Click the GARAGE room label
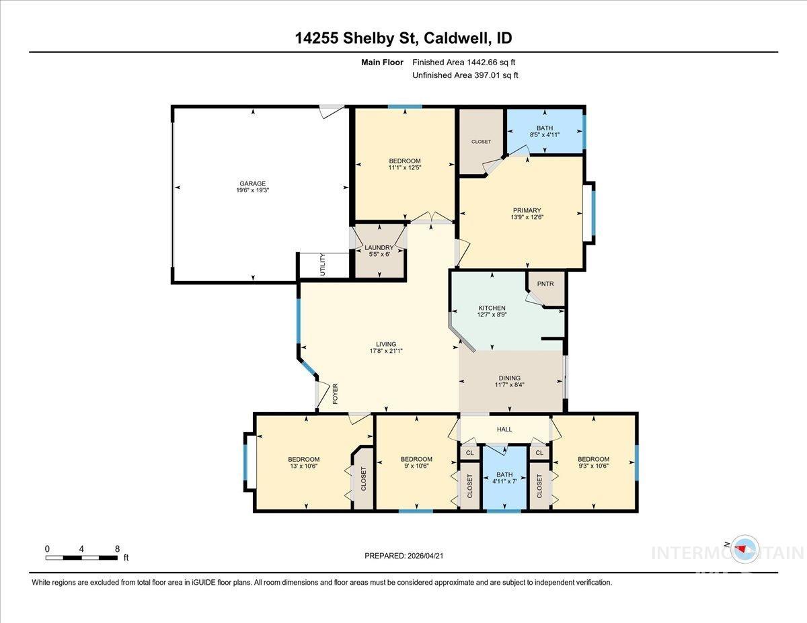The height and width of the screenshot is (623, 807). point(254,183)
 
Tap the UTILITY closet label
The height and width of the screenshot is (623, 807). point(323,264)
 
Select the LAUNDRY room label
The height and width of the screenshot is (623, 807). point(379,248)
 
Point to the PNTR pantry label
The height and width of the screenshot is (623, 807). point(545,284)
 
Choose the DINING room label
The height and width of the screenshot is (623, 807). point(509,378)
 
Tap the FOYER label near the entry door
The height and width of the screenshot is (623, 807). point(335,393)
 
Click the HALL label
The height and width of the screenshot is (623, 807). point(504,429)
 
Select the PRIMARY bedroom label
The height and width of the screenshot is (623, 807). point(527,210)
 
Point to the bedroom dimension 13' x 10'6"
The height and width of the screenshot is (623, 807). point(303,467)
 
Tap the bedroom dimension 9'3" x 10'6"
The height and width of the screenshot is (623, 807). point(593,467)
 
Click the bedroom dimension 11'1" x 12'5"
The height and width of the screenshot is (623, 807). point(404,168)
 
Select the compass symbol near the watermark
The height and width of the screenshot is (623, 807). point(743,548)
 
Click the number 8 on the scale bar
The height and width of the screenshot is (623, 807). point(117,548)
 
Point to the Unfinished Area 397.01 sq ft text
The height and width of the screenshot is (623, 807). point(465,75)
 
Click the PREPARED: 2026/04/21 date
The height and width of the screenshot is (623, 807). point(405,556)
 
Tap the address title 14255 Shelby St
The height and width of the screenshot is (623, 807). point(357,38)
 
